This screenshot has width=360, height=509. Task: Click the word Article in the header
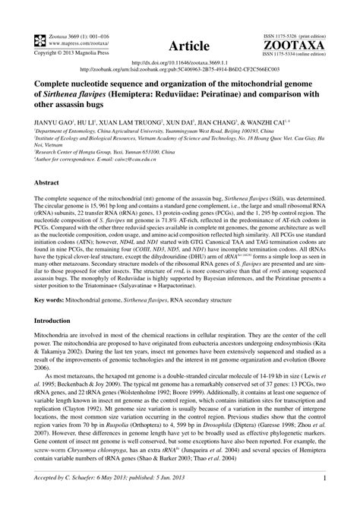(179, 45)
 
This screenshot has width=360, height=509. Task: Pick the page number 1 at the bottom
(324, 499)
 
